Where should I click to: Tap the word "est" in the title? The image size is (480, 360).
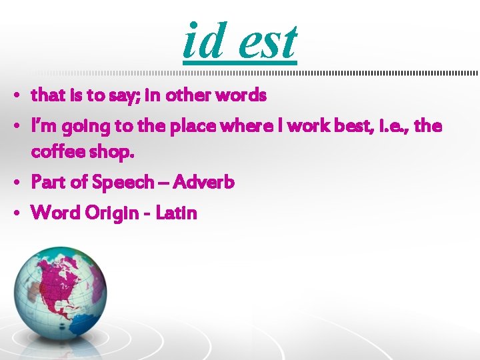point(267,41)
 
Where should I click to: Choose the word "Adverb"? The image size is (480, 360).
point(205,181)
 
